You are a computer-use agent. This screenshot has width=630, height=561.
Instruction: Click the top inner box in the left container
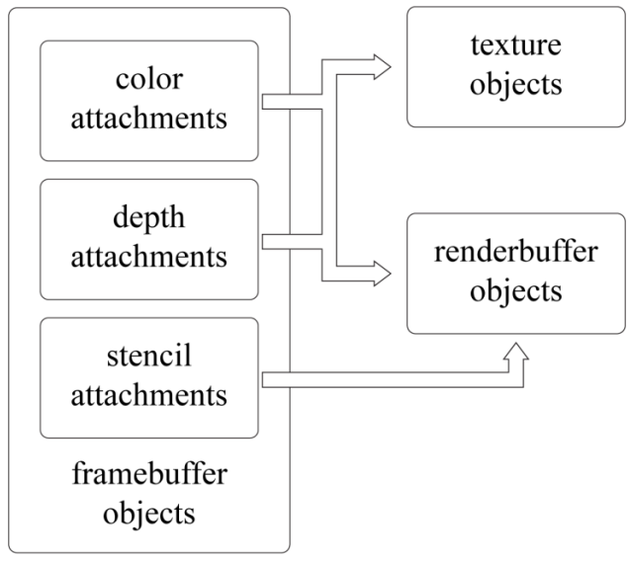tap(148, 100)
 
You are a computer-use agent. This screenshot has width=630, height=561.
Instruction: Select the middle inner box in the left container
tap(148, 238)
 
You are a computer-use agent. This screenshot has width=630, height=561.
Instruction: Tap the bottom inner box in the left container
tap(148, 377)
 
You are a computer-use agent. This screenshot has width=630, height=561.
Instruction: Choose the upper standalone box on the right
tap(515, 67)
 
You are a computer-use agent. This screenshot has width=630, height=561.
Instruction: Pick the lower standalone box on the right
tap(515, 274)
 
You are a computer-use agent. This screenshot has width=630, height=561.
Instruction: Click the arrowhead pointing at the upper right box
tap(382, 67)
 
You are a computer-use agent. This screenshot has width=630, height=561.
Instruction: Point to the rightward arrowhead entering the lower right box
tap(382, 274)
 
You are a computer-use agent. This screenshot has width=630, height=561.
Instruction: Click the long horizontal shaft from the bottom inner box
tap(386, 379)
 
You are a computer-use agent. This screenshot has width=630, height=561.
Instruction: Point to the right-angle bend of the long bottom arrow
tap(515, 379)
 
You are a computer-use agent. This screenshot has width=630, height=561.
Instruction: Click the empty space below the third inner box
tap(148, 494)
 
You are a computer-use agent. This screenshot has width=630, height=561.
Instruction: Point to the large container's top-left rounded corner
tap(13, 13)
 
